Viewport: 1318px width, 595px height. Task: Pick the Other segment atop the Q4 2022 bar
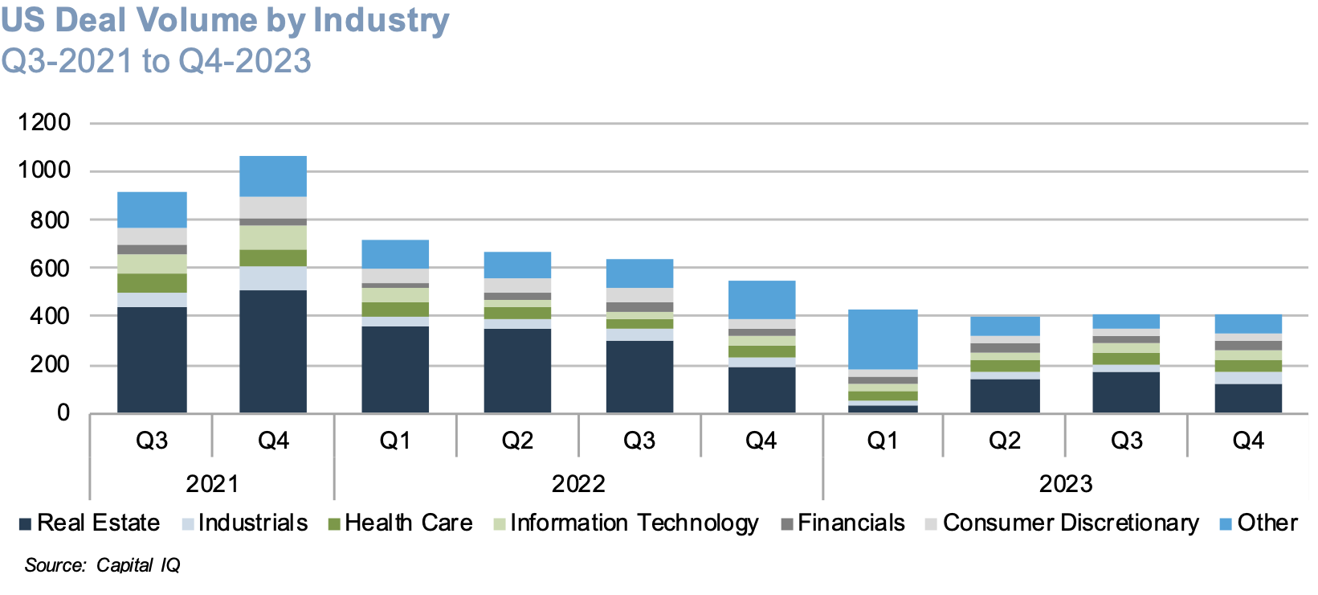coord(761,299)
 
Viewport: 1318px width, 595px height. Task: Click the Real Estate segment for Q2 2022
coord(517,371)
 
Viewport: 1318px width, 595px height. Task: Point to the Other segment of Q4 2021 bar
coord(273,176)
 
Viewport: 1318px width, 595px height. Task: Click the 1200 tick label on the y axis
coord(44,122)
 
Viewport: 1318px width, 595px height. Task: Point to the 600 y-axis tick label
coord(50,269)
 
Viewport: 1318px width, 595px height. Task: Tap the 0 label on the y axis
coord(63,413)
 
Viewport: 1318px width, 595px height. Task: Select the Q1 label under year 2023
coord(883,441)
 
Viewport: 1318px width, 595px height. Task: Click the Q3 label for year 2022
coord(639,441)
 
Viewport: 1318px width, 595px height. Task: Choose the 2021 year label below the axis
coord(212,484)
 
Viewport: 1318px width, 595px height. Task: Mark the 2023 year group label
coord(1066,484)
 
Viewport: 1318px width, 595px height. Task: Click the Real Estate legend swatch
coord(25,524)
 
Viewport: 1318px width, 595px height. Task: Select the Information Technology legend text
coord(634,523)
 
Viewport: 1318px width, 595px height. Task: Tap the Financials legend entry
coord(851,523)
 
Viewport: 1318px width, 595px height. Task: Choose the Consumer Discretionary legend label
coord(1070,523)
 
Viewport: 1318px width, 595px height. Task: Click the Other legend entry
coord(1267,523)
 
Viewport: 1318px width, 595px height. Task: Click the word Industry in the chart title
coord(381,20)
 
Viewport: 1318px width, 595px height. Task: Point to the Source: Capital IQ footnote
coord(102,565)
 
